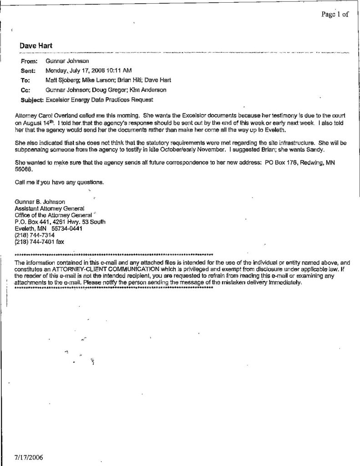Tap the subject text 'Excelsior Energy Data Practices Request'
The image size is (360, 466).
coord(99,100)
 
